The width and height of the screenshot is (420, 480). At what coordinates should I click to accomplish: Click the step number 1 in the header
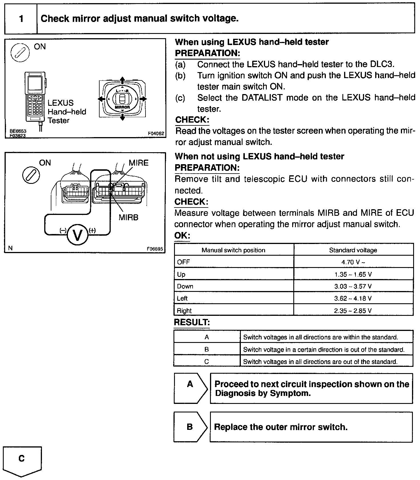(21, 19)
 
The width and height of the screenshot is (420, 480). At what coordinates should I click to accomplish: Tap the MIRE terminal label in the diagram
(139, 163)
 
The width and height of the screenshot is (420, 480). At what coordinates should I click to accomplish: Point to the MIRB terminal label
(128, 217)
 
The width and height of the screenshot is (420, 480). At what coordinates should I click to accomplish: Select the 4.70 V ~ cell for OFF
(353, 262)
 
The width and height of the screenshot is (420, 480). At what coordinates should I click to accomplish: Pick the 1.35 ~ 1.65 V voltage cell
(353, 274)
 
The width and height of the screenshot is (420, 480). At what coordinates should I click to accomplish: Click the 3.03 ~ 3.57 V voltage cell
(353, 286)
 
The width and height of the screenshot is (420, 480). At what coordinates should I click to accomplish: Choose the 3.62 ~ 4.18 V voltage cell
(353, 298)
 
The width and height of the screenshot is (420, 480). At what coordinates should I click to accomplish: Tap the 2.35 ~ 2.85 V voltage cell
(353, 311)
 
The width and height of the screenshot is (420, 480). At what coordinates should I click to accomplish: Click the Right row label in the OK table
(184, 311)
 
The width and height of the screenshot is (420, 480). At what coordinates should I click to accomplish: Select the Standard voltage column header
(353, 250)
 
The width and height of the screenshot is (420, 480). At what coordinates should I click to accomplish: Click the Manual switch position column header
(233, 250)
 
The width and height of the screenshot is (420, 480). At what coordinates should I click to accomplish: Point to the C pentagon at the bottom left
(22, 460)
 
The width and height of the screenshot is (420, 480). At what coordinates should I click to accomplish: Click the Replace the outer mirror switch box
(311, 427)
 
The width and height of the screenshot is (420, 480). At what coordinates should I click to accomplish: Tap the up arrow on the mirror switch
(122, 80)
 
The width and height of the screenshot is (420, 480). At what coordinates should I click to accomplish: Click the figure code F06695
(155, 249)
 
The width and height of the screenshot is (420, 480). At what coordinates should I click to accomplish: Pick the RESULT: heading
(192, 323)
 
